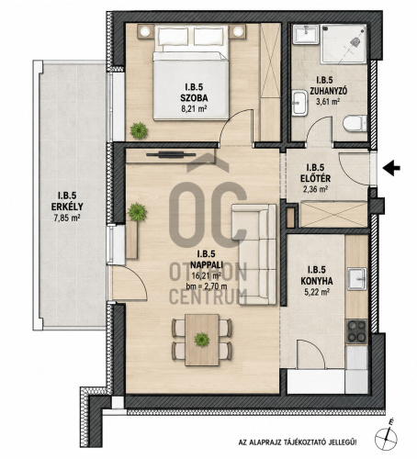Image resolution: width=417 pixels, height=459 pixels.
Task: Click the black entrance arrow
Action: pyautogui.click(x=391, y=168)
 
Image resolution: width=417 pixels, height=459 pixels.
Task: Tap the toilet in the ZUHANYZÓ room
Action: pyautogui.click(x=355, y=124)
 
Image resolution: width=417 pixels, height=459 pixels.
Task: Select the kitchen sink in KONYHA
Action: pyautogui.click(x=356, y=278)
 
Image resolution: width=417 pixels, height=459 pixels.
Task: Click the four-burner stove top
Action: pyautogui.click(x=356, y=331)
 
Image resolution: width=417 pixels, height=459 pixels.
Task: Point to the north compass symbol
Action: pyautogui.click(x=387, y=437)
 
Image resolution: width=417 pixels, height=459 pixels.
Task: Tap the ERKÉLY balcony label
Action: pyautogui.click(x=67, y=207)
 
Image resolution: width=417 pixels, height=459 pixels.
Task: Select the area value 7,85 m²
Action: pyautogui.click(x=67, y=218)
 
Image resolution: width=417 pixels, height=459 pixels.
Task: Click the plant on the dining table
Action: pyautogui.click(x=202, y=340)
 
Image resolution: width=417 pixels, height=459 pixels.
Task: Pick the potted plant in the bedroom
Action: pyautogui.click(x=139, y=130)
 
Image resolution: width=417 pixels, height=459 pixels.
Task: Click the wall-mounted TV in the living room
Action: pyautogui.click(x=171, y=154)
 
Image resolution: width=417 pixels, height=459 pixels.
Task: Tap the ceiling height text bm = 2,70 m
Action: pyautogui.click(x=207, y=286)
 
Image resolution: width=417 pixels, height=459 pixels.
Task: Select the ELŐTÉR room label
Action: pyautogui.click(x=315, y=178)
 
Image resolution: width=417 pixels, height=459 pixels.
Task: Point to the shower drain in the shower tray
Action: pyautogui.click(x=355, y=42)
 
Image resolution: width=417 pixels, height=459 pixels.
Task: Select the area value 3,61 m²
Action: pyautogui.click(x=329, y=101)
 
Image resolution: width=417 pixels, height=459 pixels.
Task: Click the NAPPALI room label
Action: pyautogui.click(x=207, y=264)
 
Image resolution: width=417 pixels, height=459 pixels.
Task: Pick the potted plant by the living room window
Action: pyautogui.click(x=137, y=212)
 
